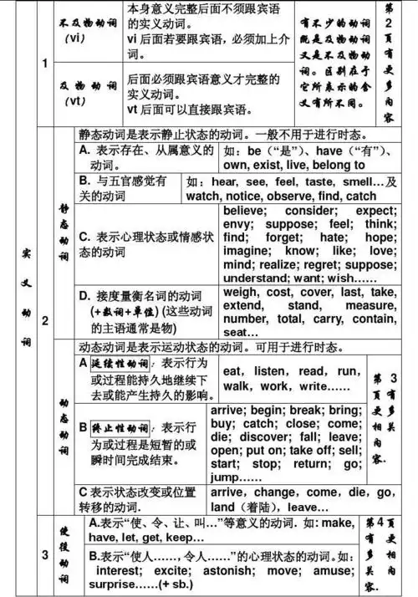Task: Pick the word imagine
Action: point(246,252)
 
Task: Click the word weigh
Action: point(242,292)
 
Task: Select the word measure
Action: point(366,305)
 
